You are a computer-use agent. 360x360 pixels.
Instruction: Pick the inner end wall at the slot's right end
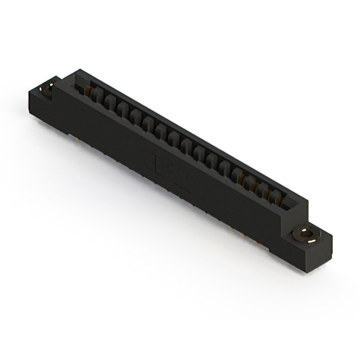[x=290, y=204]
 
